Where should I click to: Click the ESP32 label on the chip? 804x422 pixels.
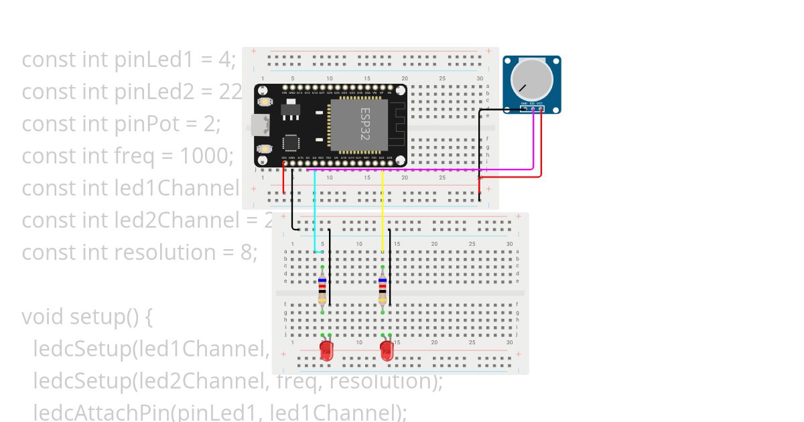coord(365,123)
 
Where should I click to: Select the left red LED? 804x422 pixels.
coord(326,351)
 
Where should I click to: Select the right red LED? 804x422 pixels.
coord(386,351)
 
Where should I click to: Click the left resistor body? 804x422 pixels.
coord(322,289)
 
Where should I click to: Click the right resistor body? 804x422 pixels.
coord(383,289)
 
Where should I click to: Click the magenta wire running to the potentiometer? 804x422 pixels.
coord(429,170)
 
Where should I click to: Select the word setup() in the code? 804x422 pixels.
coord(111,316)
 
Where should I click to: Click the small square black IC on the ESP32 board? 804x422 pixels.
coord(291,143)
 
